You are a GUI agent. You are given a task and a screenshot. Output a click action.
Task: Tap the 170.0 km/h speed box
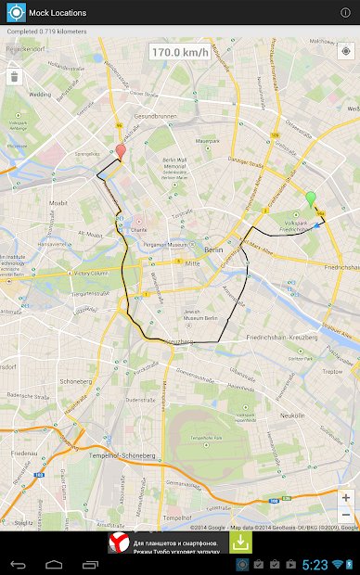coord(180,53)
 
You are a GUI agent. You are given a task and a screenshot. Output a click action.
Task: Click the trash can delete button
coord(14,77)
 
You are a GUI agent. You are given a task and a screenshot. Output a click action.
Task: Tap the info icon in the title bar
coord(345,13)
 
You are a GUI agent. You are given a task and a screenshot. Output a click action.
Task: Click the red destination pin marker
coord(121,152)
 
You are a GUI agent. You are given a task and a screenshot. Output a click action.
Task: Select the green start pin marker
coord(311,198)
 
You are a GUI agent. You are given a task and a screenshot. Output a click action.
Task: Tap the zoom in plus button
coord(345,498)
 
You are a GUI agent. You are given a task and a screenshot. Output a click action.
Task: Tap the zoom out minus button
coord(345,515)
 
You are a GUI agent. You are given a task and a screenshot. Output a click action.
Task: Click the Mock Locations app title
coord(57,13)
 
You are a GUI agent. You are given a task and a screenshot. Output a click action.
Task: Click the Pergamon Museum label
coord(167,244)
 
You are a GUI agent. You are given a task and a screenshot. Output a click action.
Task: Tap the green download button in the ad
coord(240,543)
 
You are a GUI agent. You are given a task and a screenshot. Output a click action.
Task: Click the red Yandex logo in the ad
coord(118,543)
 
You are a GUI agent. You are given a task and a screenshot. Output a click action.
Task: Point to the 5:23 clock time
coord(314,564)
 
